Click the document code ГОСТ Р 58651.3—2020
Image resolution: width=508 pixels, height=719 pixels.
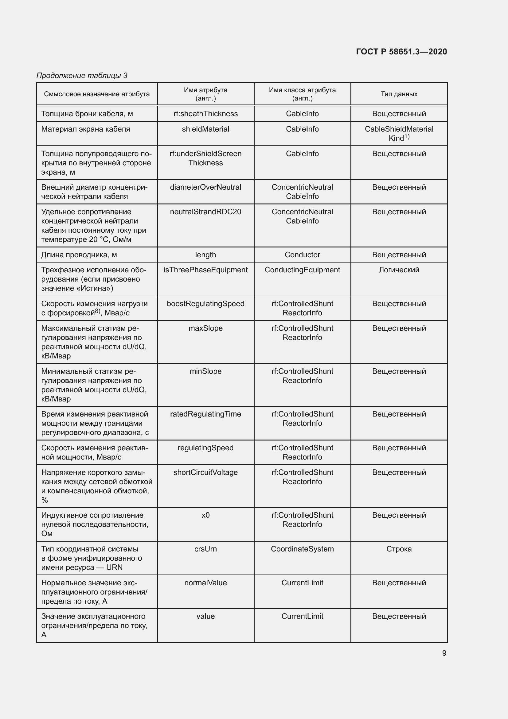401,52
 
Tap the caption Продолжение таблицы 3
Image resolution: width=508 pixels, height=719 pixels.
82,76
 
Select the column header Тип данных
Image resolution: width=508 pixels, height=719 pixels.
399,94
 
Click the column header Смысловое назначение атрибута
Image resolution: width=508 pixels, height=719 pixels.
97,94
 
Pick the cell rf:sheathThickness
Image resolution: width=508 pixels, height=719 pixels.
205,114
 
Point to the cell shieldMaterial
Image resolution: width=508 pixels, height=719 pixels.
205,129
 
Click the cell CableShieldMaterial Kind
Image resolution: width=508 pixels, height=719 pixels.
399,133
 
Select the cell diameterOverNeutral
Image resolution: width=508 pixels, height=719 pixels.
205,187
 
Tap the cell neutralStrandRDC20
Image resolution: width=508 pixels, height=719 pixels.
205,212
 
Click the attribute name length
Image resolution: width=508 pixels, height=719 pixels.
205,255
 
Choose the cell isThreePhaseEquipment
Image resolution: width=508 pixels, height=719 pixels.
205,270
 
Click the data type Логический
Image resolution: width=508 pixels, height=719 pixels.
399,270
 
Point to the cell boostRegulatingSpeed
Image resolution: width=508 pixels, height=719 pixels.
205,304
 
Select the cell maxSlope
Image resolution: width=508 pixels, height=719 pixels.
205,328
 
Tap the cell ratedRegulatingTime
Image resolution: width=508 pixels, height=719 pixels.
205,414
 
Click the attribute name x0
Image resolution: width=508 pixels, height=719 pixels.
205,515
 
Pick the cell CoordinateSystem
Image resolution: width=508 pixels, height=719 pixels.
302,549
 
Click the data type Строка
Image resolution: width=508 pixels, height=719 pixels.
399,549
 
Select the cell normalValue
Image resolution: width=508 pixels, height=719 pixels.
205,583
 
